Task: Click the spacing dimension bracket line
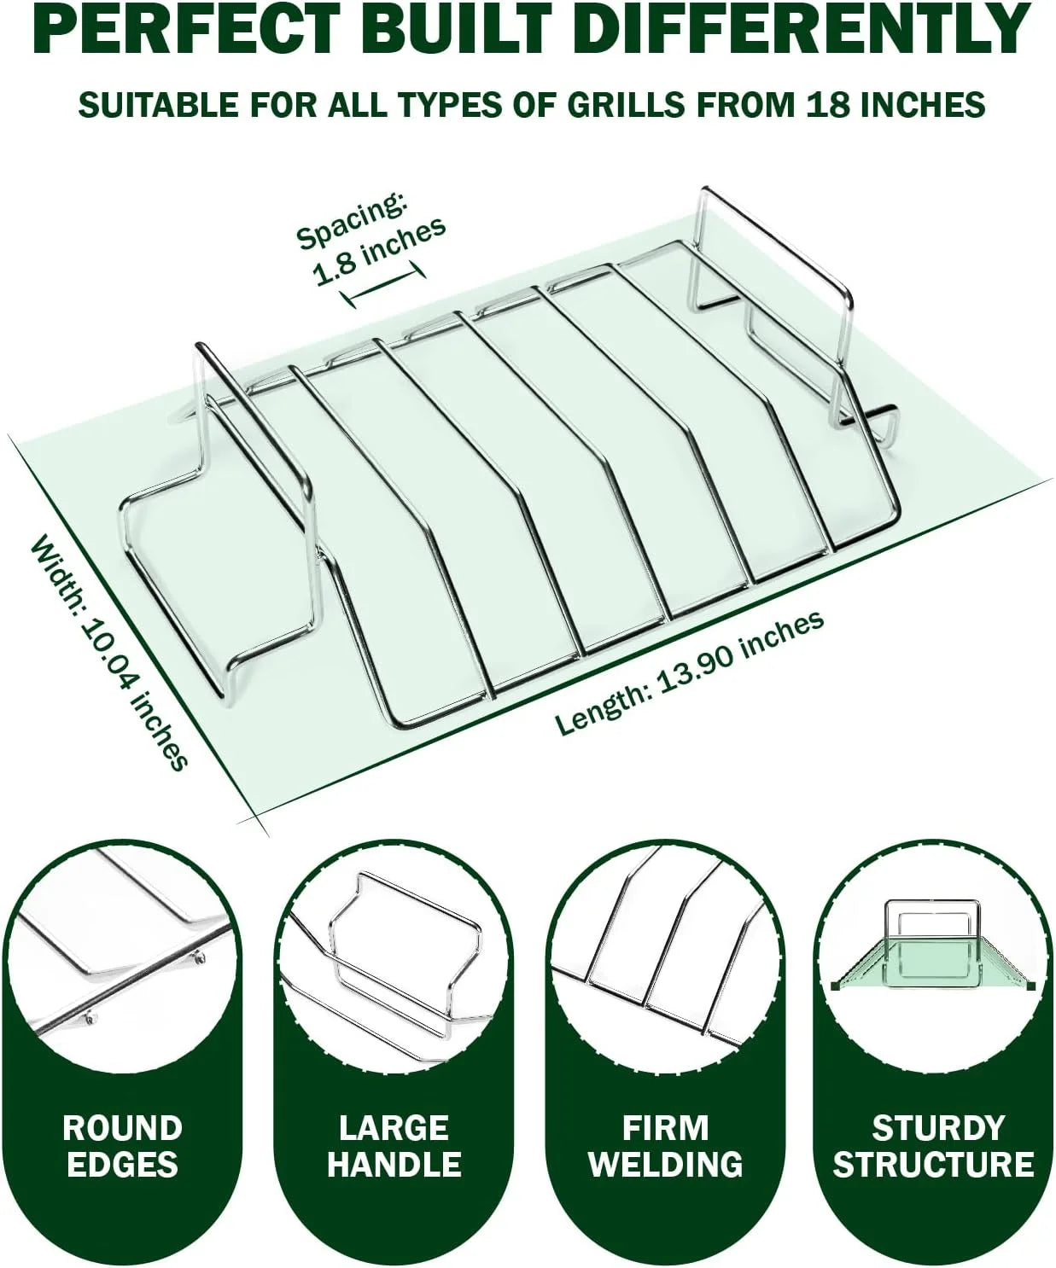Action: click(382, 283)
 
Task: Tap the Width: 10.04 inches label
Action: click(108, 652)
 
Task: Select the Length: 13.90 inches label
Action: click(689, 673)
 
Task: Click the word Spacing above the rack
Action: click(351, 222)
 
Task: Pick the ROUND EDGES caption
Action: click(123, 1145)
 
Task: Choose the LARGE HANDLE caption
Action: click(394, 1145)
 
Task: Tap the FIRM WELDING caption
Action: click(666, 1145)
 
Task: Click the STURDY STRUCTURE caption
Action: click(933, 1145)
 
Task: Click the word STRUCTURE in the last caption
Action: click(933, 1163)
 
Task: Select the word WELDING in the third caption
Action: click(666, 1163)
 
